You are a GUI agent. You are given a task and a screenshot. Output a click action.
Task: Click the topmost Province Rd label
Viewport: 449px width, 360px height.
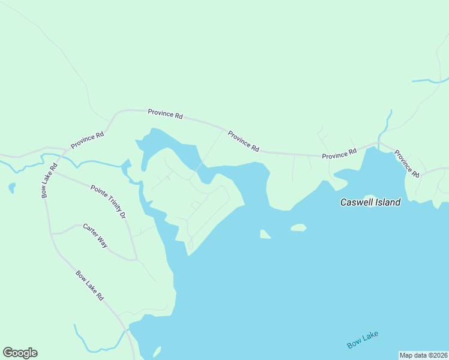coord(165,114)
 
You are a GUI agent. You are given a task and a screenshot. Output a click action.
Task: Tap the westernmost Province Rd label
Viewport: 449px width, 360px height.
coord(87,140)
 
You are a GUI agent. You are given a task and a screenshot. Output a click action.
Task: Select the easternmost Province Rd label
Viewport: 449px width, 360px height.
coord(406,163)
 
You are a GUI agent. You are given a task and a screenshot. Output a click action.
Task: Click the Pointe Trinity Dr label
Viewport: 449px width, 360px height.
coord(109,202)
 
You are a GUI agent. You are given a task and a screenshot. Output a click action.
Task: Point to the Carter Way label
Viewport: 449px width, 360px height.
coord(95,236)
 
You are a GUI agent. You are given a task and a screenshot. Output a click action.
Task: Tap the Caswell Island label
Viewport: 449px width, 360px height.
coord(370,202)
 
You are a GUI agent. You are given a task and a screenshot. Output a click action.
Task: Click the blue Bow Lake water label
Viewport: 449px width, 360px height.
coord(363,340)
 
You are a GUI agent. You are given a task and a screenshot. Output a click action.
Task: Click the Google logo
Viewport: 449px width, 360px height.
coord(20,353)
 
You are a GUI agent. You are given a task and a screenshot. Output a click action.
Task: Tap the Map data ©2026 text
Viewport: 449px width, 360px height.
coord(423,355)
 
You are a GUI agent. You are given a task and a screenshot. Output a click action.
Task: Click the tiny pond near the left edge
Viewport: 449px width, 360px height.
coord(12,188)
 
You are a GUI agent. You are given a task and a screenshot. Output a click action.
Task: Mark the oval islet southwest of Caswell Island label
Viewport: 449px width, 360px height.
coord(298,227)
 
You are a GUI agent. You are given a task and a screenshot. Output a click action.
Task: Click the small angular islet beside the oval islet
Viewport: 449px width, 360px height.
coord(265,234)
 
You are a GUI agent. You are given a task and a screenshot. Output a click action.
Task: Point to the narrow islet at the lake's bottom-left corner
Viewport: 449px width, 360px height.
coord(156,352)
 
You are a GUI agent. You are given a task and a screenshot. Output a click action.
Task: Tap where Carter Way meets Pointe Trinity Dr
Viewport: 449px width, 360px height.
coord(136,260)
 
